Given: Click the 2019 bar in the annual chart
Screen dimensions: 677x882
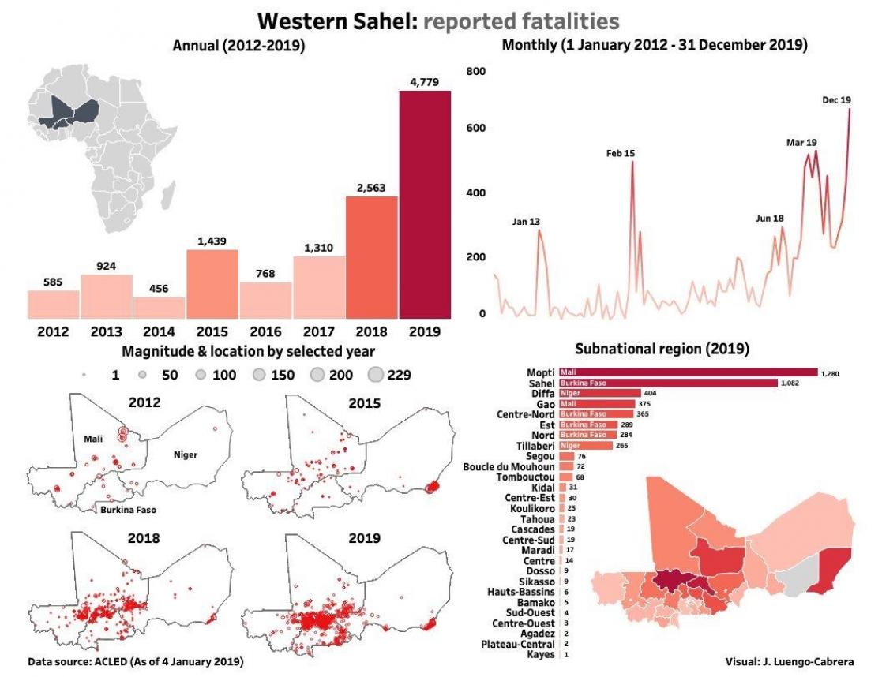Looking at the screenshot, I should [x=425, y=204].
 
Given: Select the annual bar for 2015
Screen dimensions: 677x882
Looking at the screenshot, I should [x=212, y=282].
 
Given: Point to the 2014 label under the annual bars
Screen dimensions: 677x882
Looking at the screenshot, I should [x=159, y=331].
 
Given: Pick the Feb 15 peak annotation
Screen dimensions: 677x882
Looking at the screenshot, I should [x=621, y=153].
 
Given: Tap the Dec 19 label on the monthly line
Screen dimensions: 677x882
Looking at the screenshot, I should [x=836, y=100].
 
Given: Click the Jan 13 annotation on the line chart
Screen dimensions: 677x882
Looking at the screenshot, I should [x=526, y=222].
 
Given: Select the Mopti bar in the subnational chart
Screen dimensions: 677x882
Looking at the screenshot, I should [x=687, y=372].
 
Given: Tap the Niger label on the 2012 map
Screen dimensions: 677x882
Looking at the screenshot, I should [x=186, y=454].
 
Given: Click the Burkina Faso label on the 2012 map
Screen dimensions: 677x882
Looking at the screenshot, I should [x=129, y=510].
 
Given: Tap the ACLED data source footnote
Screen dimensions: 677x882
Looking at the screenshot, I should [x=135, y=660].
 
